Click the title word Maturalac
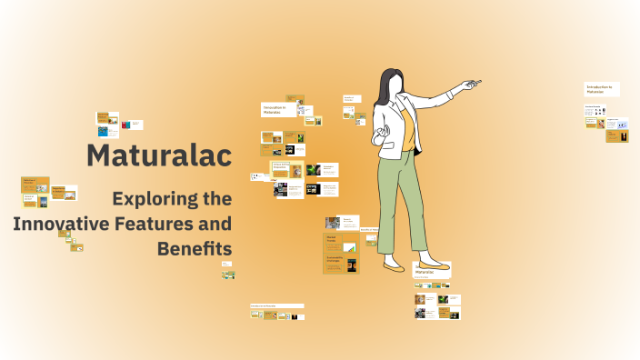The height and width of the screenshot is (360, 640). pos(159,155)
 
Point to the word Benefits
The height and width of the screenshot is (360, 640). pos(195,247)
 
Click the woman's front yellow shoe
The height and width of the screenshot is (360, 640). pos(395,267)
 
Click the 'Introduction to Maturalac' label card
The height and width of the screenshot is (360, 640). pos(600,89)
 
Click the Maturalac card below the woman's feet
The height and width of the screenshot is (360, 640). pos(433,272)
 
